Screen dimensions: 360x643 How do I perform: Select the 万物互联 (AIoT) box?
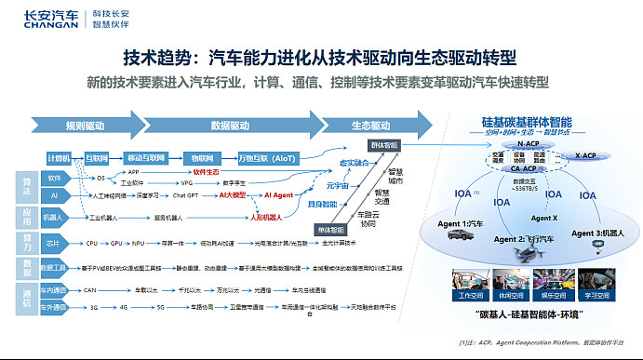click(269, 158)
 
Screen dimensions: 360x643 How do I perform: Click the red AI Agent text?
click(279, 196)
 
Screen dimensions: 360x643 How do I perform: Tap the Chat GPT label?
click(182, 196)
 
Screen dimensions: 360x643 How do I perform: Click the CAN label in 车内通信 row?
click(91, 288)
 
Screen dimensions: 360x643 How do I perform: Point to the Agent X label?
click(543, 218)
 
